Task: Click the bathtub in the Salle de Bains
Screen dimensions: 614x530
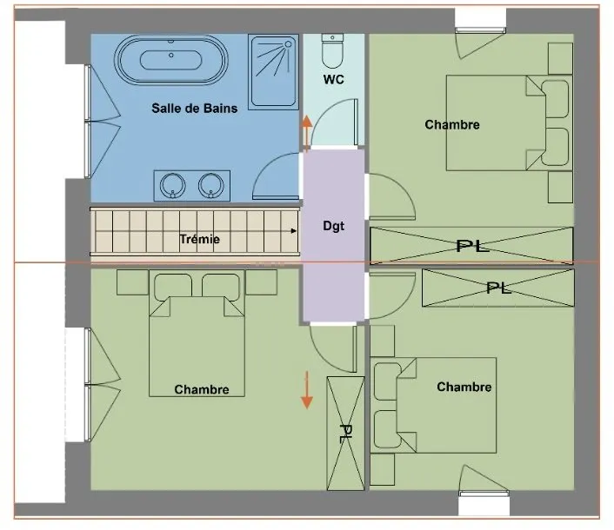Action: [171, 60]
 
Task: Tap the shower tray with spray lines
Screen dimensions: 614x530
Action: [273, 71]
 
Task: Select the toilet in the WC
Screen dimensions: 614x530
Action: [332, 51]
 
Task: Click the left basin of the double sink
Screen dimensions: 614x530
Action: [173, 186]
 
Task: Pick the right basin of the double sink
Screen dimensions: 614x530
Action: [211, 186]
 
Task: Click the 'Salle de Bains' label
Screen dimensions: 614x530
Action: [195, 109]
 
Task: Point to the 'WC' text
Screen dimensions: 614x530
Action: [334, 79]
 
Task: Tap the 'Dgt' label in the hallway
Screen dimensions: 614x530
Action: [334, 226]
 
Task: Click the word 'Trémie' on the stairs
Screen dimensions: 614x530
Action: [200, 239]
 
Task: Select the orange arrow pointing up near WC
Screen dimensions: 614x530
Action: [307, 133]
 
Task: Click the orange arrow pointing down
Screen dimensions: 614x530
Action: [307, 390]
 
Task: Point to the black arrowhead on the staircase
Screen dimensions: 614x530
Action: [294, 231]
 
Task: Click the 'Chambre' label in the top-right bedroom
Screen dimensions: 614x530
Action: [452, 125]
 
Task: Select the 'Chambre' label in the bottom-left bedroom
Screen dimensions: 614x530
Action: [202, 389]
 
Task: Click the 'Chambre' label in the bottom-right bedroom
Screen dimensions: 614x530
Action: [464, 387]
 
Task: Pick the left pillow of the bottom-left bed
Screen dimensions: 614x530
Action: [173, 287]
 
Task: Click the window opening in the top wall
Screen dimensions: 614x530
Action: [480, 19]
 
